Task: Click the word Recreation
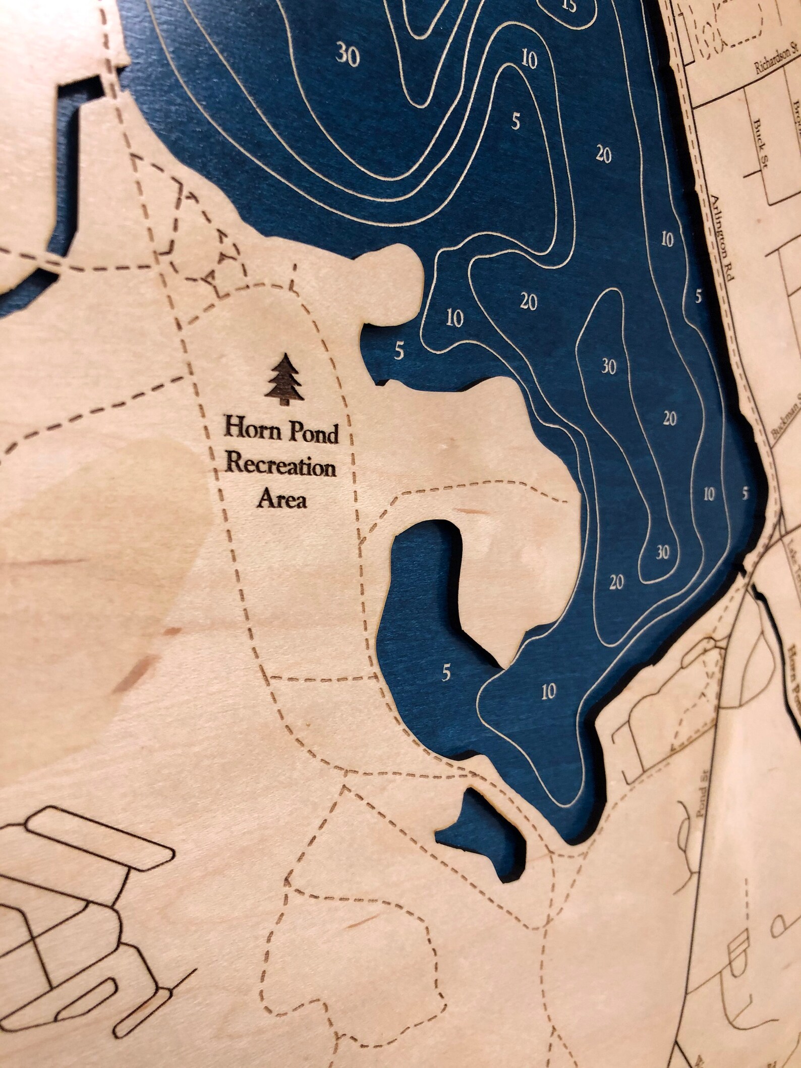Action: point(281,467)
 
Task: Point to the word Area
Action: point(282,501)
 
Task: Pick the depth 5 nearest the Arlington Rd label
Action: point(698,297)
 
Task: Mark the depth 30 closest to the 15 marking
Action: point(348,53)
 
